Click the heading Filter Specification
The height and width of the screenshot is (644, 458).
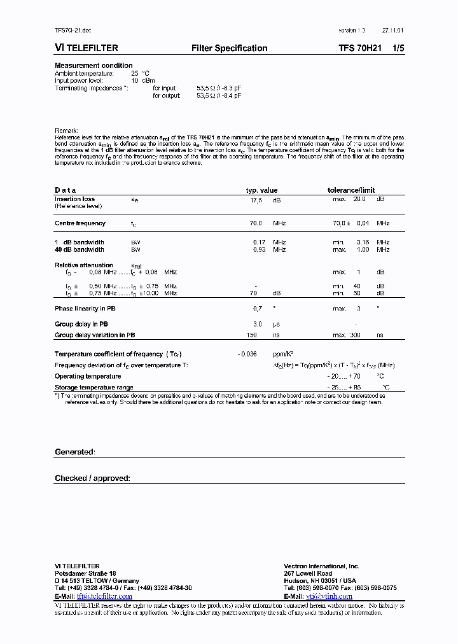tap(229, 48)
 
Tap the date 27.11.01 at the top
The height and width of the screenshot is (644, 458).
tap(392, 31)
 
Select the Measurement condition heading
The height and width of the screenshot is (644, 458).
tap(94, 66)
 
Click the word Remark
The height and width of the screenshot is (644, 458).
tap(66, 130)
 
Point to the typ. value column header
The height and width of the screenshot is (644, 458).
tap(262, 190)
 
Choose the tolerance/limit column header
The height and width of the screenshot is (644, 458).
tap(350, 190)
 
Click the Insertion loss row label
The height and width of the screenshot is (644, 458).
tap(75, 199)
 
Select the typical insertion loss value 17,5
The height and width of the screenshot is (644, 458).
tap(256, 199)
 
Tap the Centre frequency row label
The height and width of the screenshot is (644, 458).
tap(80, 223)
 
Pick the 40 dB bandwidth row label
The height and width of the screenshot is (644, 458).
tap(80, 249)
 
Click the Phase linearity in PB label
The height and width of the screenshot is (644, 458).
tap(86, 309)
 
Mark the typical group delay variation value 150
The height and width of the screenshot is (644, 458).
tap(252, 335)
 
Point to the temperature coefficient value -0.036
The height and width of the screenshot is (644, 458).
tap(247, 354)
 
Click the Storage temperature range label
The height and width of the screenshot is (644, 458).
tap(94, 388)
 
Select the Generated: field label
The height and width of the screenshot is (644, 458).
tap(74, 452)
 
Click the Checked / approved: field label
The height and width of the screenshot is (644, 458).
tap(92, 478)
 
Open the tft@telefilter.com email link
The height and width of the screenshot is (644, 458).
tap(104, 596)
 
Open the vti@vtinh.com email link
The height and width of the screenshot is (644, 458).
tap(329, 596)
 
